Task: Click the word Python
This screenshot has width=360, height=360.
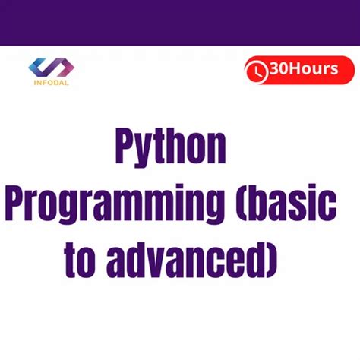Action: coord(170,147)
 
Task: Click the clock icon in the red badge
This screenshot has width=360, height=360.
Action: coord(258,71)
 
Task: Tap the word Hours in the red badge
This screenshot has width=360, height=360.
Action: coord(311,70)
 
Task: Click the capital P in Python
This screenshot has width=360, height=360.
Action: coord(124,146)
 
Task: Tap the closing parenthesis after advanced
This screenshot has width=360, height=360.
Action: coord(271,261)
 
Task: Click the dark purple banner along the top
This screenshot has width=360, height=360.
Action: coord(180,21)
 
